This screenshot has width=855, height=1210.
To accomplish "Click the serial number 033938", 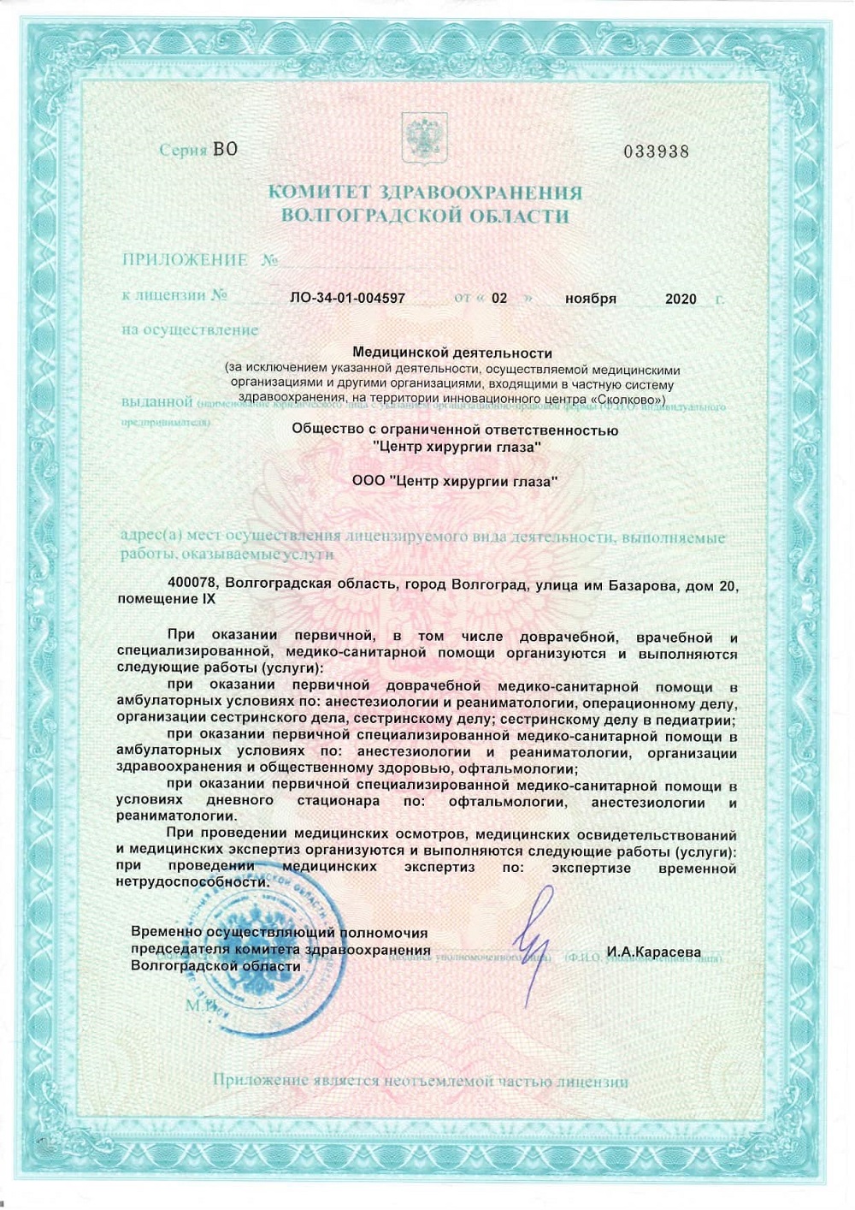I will tap(656, 151).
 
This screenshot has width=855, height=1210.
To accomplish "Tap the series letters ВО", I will tap(225, 149).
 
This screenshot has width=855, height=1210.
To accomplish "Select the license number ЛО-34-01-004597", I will tap(348, 299).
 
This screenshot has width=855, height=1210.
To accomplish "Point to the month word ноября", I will tap(590, 299).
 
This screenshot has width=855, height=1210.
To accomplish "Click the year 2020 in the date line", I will tap(681, 299).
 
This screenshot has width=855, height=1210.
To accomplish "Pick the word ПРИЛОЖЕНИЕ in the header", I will tap(185, 259).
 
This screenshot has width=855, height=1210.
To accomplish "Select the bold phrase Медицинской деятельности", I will tap(452, 353).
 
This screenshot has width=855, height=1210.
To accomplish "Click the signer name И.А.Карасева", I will tap(653, 952).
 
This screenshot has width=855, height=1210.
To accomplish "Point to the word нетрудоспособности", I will tap(192, 881).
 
